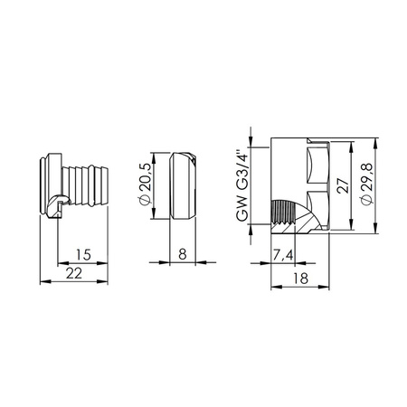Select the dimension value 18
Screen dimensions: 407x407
(298, 279)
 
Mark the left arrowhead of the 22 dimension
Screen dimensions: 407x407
(44, 281)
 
